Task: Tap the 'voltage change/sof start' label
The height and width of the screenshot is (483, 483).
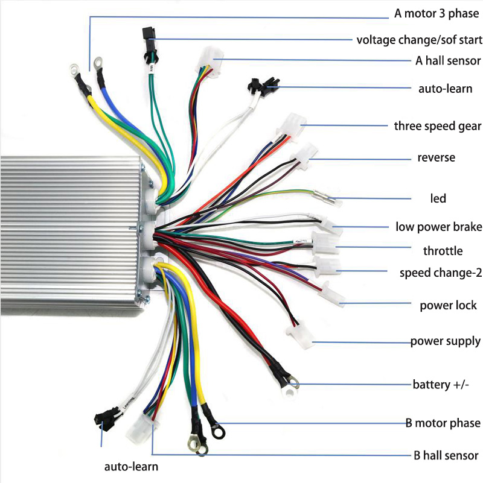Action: (419, 40)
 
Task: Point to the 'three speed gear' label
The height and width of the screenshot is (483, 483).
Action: (437, 126)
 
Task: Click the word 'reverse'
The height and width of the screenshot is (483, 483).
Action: (436, 158)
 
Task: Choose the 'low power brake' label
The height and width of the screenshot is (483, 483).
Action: (438, 227)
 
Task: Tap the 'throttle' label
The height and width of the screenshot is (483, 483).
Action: (443, 251)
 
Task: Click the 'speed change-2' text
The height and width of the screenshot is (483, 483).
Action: (440, 273)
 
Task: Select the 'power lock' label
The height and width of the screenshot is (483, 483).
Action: (448, 305)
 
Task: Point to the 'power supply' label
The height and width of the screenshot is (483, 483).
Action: (446, 341)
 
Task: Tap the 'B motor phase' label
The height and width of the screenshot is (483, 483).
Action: (443, 423)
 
